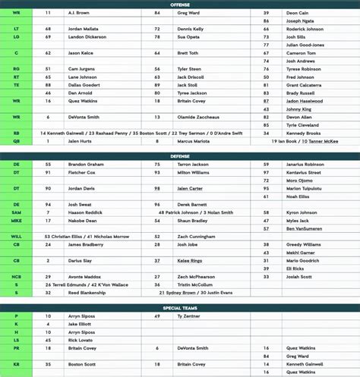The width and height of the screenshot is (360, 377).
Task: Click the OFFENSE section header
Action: pyautogui.click(x=180, y=4)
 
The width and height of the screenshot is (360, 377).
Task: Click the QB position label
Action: pyautogui.click(x=16, y=140)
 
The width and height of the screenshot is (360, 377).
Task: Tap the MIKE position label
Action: pyautogui.click(x=16, y=221)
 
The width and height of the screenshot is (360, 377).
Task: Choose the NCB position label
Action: pyautogui.click(x=16, y=277)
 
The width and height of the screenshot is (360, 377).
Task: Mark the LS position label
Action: pyautogui.click(x=16, y=340)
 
